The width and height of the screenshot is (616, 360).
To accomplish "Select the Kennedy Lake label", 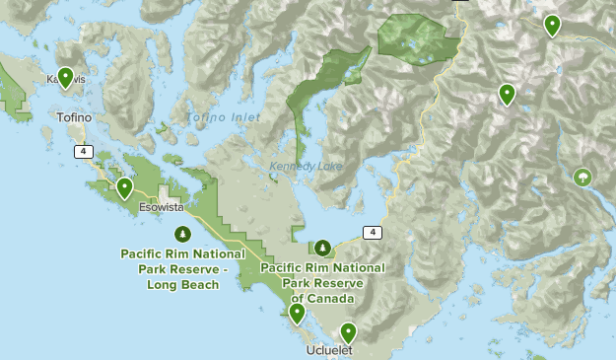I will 306,167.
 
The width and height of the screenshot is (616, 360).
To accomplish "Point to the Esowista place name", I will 160,208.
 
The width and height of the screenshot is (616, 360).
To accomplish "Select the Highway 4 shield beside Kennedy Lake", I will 371,232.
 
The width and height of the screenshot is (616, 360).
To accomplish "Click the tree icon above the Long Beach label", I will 182,234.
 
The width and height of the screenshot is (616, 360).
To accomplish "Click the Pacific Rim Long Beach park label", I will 182,268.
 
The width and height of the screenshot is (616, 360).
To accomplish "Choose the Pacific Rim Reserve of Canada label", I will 322,282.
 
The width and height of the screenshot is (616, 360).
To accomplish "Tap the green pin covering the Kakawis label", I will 66,77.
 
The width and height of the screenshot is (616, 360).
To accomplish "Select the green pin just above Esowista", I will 124,187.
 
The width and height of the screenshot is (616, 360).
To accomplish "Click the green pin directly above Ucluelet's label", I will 347,332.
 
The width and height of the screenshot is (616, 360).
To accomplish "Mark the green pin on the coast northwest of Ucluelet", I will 296,314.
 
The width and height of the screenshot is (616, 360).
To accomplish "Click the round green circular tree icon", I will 583,178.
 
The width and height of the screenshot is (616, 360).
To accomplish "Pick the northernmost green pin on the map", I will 552,26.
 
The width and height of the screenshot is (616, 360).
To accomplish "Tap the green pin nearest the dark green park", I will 507,94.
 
